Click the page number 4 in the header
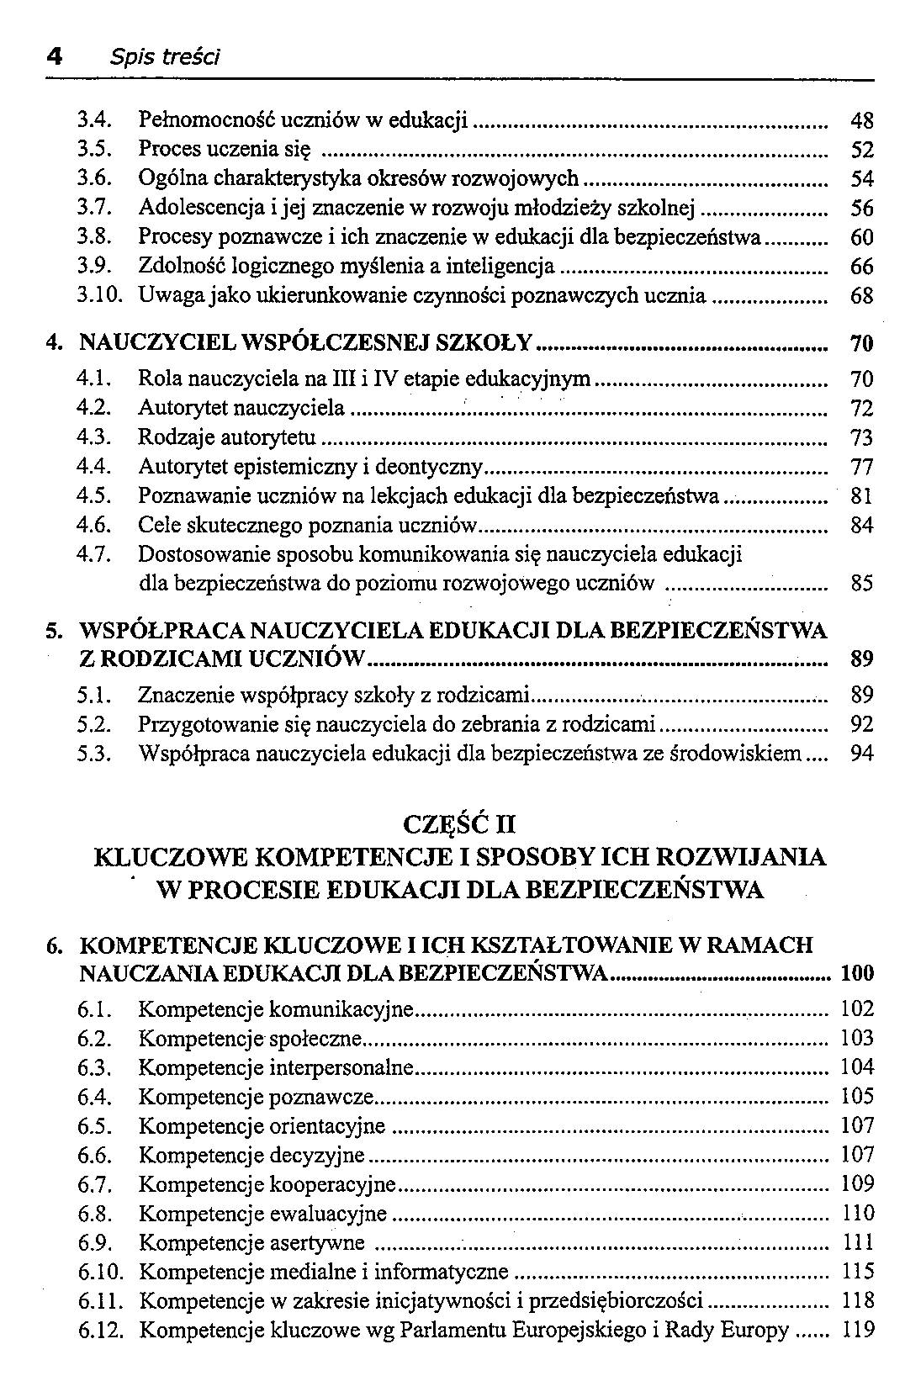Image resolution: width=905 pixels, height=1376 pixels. tap(54, 56)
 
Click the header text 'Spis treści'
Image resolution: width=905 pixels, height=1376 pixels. tap(165, 57)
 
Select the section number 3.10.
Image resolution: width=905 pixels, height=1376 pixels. tap(99, 295)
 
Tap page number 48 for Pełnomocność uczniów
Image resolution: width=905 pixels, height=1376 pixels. tap(862, 121)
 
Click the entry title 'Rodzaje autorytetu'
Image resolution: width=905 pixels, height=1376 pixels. tap(227, 437)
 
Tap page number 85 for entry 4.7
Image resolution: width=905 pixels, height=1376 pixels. tap(862, 583)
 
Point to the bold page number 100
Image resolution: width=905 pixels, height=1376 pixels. tap(857, 974)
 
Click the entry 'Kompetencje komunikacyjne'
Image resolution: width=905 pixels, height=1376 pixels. tap(277, 1008)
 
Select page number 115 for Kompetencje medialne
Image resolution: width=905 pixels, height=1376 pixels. tap(858, 1272)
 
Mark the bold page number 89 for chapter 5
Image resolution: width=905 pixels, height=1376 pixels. tap(862, 659)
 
